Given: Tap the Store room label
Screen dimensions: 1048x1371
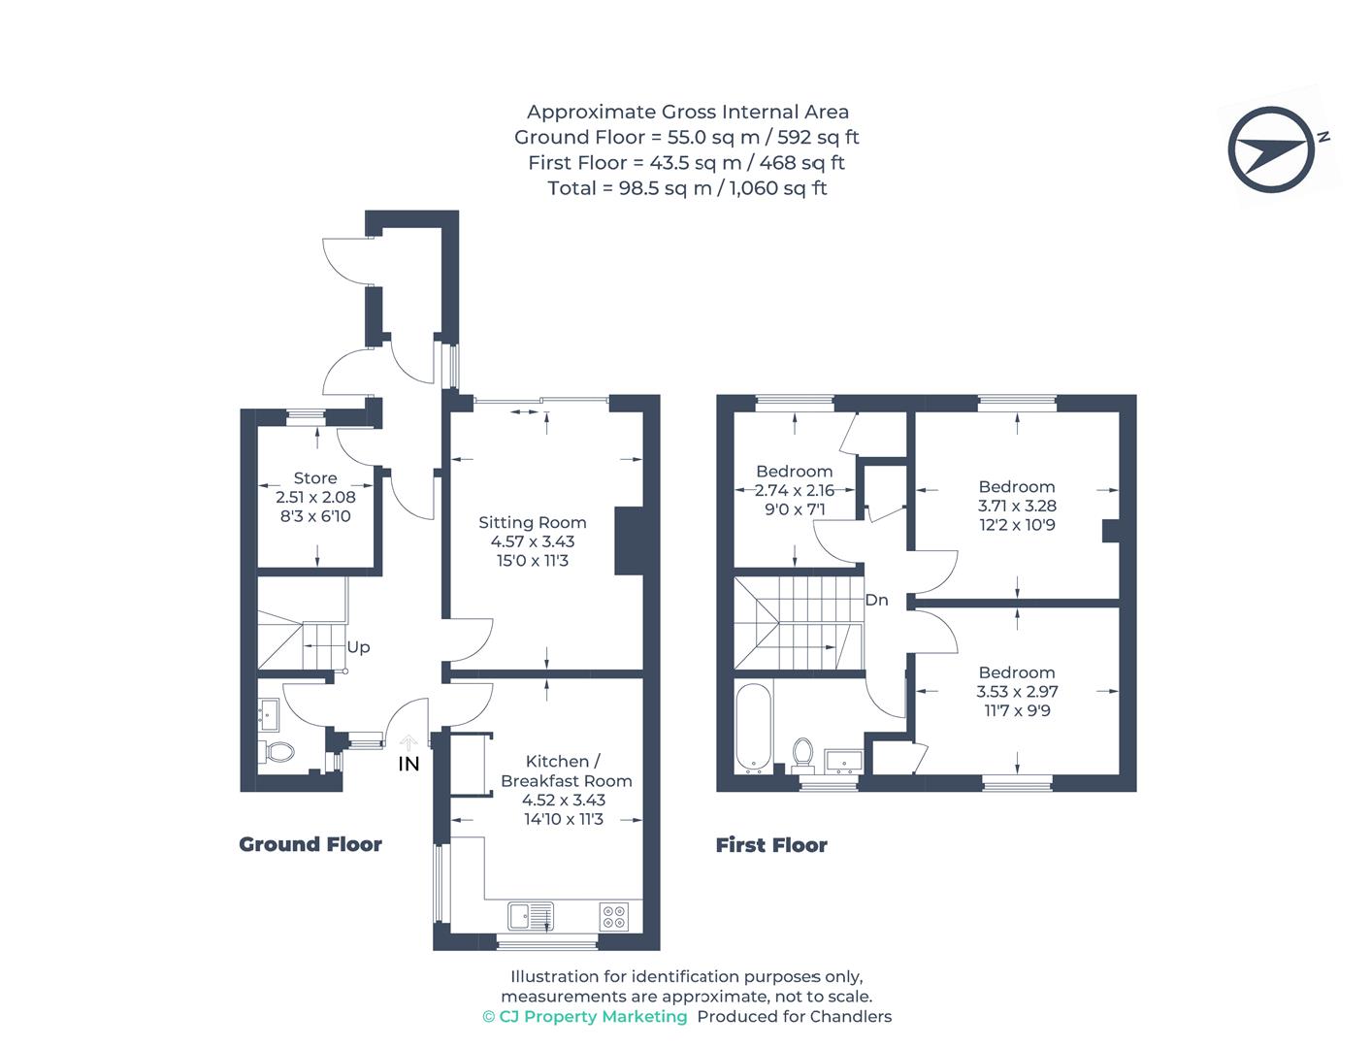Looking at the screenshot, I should coord(315,478).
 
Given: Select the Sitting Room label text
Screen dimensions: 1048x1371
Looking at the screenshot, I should coord(532,522).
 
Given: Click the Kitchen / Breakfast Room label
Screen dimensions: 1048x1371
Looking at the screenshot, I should coord(566,770).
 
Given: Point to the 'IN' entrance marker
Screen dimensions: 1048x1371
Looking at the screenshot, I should coord(408,764).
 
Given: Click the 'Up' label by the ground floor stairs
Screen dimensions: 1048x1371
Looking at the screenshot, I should coord(358,647).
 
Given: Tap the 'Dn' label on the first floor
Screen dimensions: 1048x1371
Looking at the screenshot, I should coord(876,600).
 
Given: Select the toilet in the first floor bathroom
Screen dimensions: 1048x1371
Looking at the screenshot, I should coord(803,752).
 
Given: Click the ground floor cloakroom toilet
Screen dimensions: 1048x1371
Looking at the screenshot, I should coord(277,751).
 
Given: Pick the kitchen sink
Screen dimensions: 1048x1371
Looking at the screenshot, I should coord(530,914).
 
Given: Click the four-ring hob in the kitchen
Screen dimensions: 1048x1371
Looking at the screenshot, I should coord(613,915).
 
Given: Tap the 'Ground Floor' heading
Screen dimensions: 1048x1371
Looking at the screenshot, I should coord(310,844).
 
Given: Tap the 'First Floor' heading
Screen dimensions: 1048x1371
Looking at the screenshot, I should coord(771,845).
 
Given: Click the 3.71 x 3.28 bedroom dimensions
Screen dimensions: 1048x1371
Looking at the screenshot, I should coord(1016,506).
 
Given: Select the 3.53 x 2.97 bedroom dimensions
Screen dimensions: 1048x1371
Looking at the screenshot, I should coord(1016,692).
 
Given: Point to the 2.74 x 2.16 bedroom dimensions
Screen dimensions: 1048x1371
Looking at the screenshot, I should coord(794,491).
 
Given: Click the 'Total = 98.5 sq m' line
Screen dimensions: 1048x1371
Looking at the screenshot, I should coord(687,188).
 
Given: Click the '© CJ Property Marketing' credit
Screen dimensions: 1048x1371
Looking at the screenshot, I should coord(585,1016).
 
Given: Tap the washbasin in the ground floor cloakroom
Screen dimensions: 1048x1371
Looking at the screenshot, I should coord(269,716).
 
